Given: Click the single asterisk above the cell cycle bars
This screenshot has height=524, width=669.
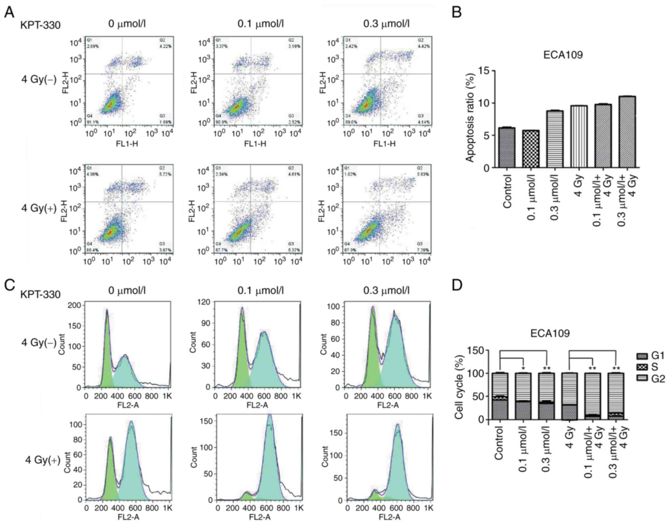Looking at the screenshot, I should pos(523,368).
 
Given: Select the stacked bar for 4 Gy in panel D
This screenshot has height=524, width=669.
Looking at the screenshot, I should pos(569,396).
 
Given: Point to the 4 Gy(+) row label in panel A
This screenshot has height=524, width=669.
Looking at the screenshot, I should pos(39,208).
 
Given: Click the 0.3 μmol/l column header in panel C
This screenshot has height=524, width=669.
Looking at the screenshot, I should pos(386,291).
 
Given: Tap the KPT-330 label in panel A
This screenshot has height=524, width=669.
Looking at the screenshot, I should pos(40,25).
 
